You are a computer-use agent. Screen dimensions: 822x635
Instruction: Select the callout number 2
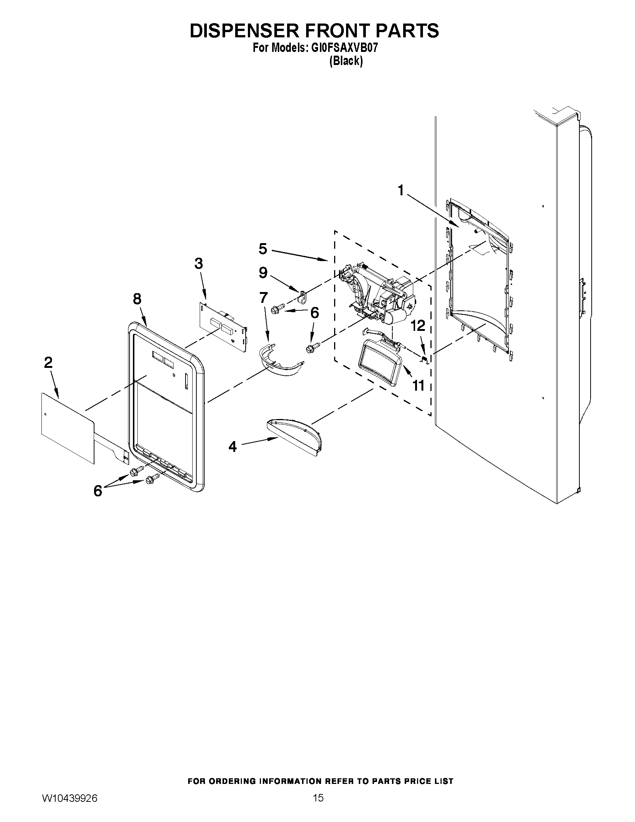tap(48, 363)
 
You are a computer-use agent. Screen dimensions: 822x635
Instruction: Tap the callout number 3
tap(199, 263)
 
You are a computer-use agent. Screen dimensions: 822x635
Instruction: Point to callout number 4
tap(233, 447)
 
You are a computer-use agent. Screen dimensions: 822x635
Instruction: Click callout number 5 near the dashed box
tap(263, 249)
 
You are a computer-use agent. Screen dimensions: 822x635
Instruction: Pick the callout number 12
tap(418, 326)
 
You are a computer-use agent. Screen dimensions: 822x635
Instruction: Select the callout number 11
tap(418, 385)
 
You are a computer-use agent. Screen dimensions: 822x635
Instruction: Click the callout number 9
tap(263, 273)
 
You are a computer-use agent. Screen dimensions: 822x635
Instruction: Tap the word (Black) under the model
tap(346, 61)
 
